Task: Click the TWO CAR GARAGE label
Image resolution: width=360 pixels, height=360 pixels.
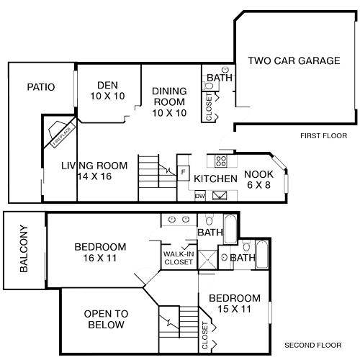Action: (294, 61)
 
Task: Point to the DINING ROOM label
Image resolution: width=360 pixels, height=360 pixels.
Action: (169, 102)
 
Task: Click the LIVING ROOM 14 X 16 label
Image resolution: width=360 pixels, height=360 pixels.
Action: (94, 171)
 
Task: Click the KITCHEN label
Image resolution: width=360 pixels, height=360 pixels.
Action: (216, 179)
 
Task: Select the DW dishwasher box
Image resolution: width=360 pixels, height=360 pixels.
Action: (200, 194)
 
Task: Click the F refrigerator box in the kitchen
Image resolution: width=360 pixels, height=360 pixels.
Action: (184, 172)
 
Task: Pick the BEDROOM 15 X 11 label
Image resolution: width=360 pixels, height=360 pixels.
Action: (234, 303)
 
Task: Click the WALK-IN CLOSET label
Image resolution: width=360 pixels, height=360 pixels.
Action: (178, 258)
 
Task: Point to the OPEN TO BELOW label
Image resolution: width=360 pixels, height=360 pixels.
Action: (106, 319)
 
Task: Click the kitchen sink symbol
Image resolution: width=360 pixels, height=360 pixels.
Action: (220, 194)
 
